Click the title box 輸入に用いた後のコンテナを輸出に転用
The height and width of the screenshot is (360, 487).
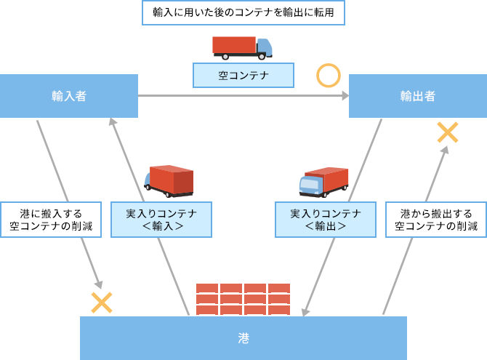click(x=243, y=13)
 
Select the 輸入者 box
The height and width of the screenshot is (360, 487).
click(x=69, y=96)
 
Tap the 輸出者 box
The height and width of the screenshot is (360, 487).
click(x=418, y=96)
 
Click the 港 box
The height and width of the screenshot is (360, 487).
click(x=243, y=338)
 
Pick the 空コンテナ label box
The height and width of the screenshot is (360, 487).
click(x=243, y=75)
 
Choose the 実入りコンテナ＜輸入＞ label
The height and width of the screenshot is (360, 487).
click(x=161, y=220)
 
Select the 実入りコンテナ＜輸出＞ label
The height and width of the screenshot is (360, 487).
click(x=326, y=220)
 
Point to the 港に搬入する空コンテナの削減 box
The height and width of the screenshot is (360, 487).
click(x=51, y=220)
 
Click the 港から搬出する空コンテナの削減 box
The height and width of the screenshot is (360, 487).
click(x=436, y=220)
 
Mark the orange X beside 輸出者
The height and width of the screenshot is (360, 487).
click(x=448, y=132)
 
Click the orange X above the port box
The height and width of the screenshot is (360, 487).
click(x=102, y=303)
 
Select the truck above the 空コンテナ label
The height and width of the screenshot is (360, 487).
click(x=242, y=48)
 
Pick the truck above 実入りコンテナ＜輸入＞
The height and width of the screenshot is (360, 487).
click(x=169, y=181)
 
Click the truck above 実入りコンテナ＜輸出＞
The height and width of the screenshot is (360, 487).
click(x=323, y=182)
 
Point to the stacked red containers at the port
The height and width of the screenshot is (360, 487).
click(x=243, y=299)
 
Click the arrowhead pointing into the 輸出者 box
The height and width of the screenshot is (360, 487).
click(x=345, y=96)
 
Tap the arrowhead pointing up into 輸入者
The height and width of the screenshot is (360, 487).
click(x=113, y=121)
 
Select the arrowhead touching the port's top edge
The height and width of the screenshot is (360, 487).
click(x=305, y=312)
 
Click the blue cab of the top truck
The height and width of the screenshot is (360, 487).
click(x=265, y=47)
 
